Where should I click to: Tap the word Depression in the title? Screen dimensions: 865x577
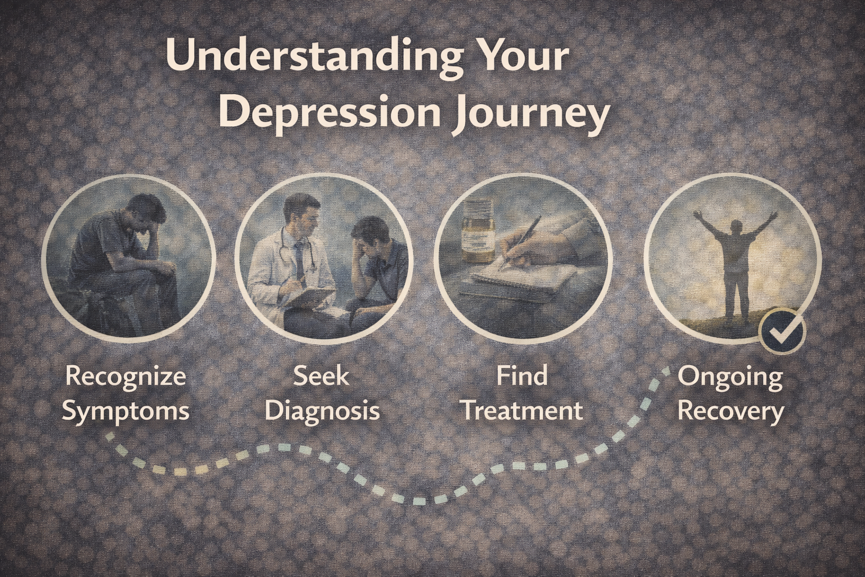(329, 112)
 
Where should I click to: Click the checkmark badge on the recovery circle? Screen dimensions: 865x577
(782, 331)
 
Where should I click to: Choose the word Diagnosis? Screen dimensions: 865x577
(322, 410)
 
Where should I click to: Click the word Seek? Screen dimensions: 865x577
(322, 375)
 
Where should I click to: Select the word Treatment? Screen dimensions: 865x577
(523, 410)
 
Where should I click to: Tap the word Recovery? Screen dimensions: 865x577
(730, 412)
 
